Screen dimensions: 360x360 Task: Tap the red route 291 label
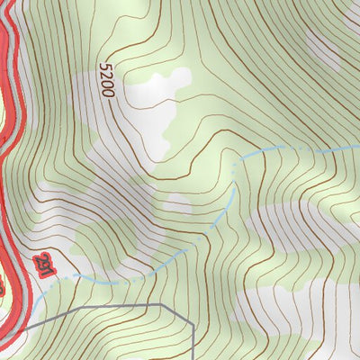tap(42, 265)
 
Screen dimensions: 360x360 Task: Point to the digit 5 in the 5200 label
tap(107, 68)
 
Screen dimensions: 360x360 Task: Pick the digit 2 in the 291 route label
tap(39, 259)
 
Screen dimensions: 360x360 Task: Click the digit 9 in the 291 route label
tap(42, 265)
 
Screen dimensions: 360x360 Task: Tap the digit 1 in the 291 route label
tap(47, 272)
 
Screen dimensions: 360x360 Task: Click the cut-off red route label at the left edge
tap(3, 288)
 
